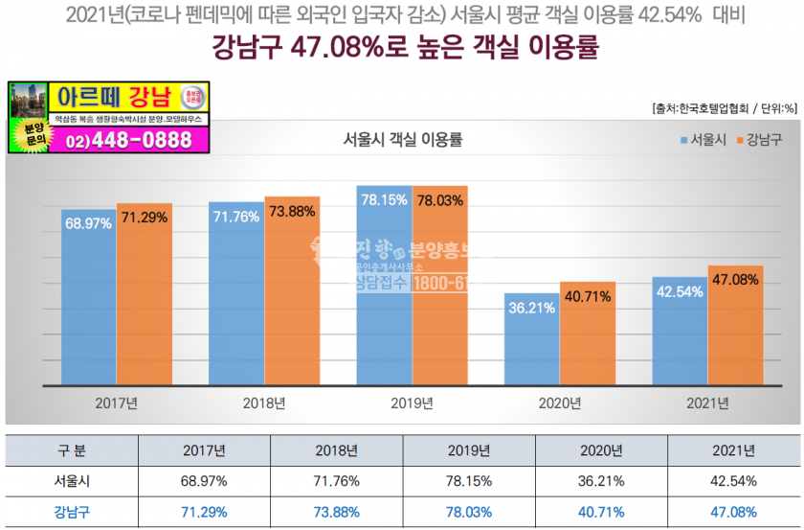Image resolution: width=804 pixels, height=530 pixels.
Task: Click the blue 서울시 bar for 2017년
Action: tap(88, 297)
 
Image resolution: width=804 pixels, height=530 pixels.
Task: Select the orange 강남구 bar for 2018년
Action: tap(292, 292)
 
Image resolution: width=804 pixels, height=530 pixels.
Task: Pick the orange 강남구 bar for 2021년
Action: tap(735, 326)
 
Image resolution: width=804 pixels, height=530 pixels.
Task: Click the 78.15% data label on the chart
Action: tap(384, 200)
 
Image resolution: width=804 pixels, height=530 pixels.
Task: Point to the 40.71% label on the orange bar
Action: tap(588, 297)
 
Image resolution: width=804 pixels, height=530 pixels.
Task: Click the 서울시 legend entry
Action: tap(703, 140)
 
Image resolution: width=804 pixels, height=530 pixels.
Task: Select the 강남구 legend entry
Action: tap(758, 140)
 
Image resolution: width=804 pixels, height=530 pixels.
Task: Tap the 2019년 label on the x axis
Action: tap(412, 403)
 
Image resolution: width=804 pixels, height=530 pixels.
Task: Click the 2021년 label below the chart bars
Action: tap(707, 403)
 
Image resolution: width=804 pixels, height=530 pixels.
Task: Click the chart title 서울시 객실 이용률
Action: tap(402, 140)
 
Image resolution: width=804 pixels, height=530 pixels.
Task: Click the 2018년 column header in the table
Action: tap(337, 449)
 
